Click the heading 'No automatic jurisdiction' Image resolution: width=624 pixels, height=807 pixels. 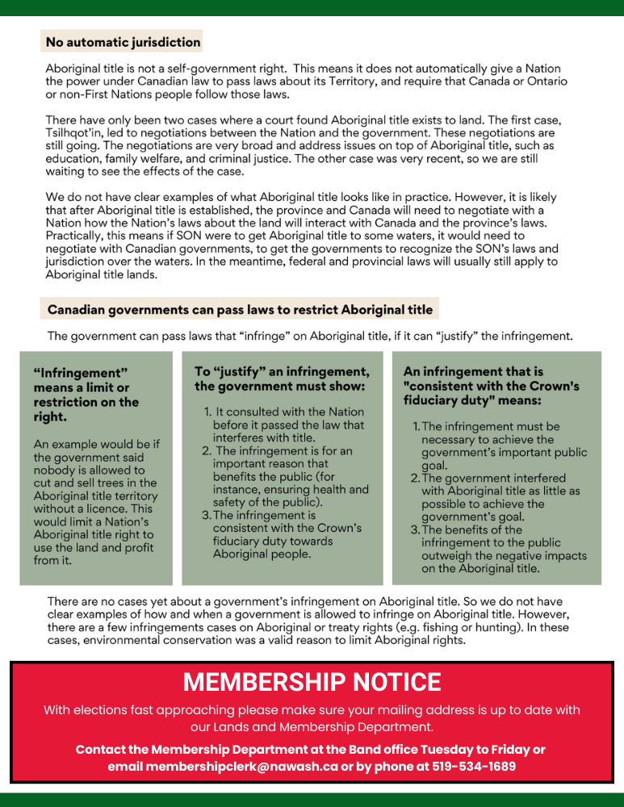click(x=123, y=42)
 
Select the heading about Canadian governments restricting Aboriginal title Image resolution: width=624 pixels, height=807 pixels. click(x=240, y=310)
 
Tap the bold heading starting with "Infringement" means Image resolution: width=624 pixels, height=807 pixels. click(x=86, y=395)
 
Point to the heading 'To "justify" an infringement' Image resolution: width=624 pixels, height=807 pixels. click(x=282, y=378)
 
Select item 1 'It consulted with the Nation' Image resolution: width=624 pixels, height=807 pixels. click(x=284, y=424)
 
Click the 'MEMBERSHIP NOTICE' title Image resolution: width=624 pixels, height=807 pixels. click(x=312, y=682)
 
